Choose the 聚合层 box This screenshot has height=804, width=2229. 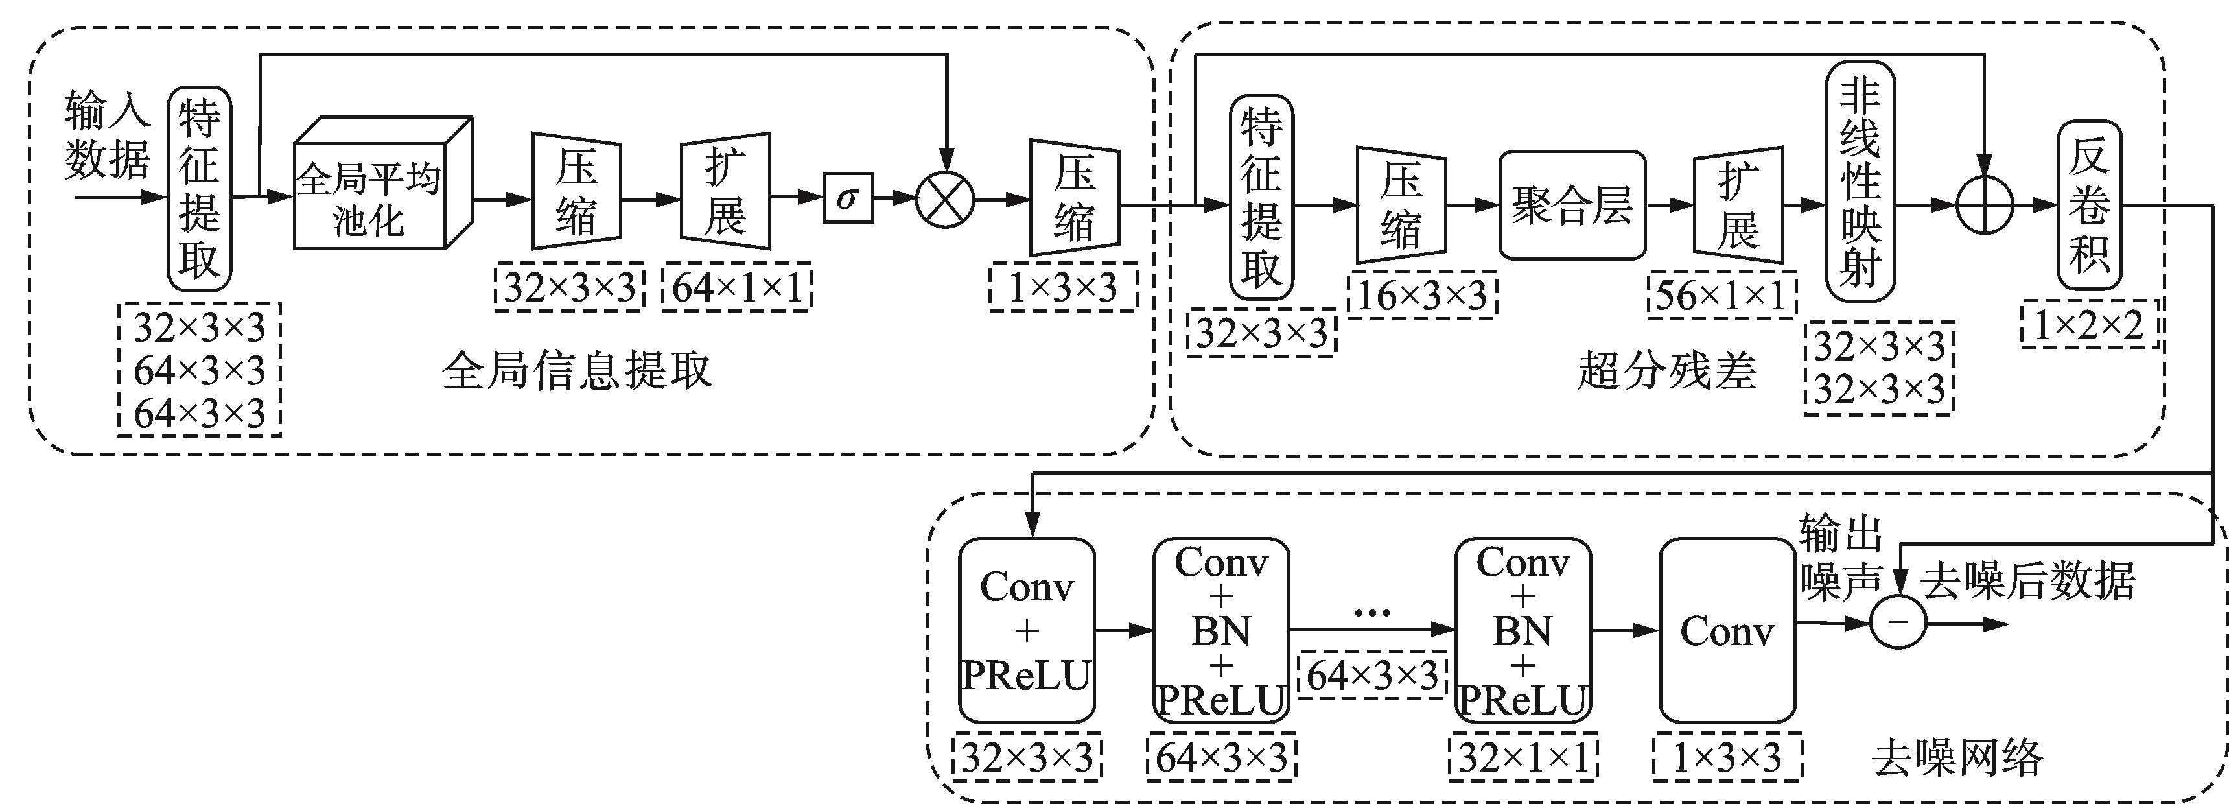pos(1571,205)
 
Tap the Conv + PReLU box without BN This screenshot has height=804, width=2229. pos(1026,630)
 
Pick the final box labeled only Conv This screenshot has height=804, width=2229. pos(1727,630)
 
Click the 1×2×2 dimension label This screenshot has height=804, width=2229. pos(2089,325)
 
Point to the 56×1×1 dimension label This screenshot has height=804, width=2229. pos(1721,296)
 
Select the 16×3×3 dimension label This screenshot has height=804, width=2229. pos(1421,296)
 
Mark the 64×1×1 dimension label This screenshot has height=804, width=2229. pos(736,287)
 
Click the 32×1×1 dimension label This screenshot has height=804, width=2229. pos(1523,758)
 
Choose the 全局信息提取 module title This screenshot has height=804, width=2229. pos(577,370)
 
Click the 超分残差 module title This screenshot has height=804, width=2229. pos(1666,370)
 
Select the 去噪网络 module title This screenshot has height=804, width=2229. pos(1957,758)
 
